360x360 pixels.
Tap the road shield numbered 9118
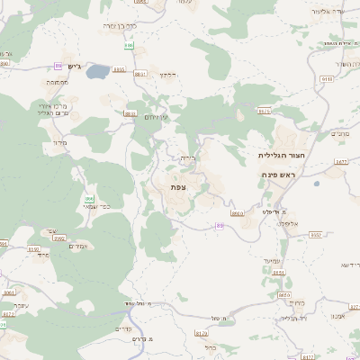(x=326, y=79)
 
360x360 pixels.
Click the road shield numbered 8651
(x=284, y=294)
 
